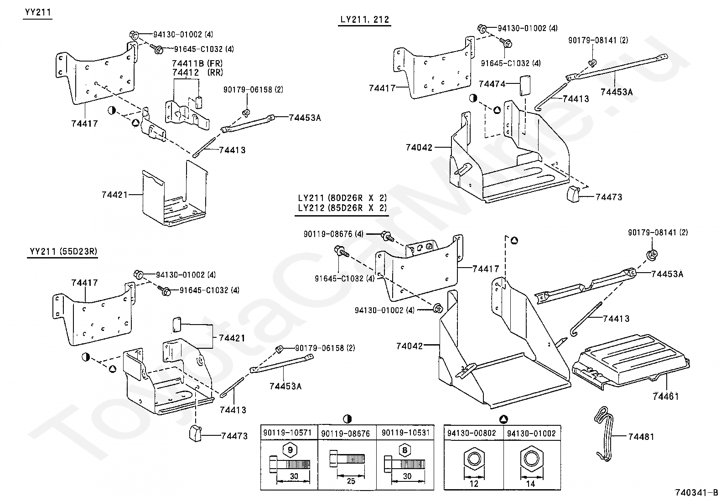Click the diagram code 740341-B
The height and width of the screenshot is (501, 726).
pos(696,493)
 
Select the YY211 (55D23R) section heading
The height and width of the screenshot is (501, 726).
pos(63,251)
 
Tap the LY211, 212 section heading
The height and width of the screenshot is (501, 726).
pos(364,20)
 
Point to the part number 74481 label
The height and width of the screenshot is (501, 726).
pos(641,437)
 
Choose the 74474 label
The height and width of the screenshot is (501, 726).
pos(492,84)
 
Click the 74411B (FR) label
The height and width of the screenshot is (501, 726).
pos(197,63)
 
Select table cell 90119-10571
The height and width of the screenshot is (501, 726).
pos(289,433)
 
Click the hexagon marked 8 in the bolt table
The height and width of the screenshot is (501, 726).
pos(404,450)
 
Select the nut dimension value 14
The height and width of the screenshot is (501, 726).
pos(531,484)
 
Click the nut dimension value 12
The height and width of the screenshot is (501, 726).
pos(474,484)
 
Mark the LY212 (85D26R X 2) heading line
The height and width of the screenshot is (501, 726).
pos(342,208)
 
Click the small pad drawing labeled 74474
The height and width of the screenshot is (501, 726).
pos(524,85)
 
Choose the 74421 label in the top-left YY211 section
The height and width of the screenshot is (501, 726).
pos(114,195)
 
